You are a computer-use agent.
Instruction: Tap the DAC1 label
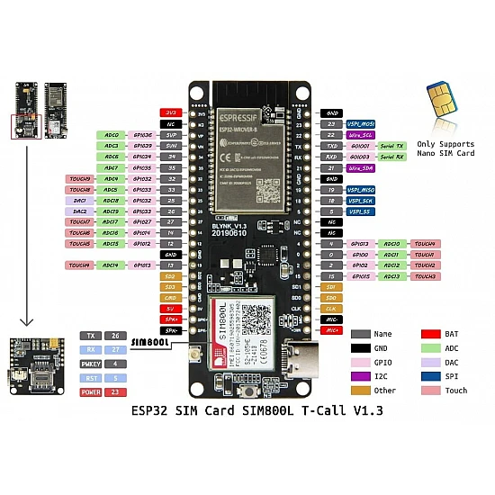79,200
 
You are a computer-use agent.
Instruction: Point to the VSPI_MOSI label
362,123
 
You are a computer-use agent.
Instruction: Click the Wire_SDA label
361,167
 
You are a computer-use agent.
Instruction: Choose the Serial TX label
392,145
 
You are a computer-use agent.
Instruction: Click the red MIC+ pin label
331,330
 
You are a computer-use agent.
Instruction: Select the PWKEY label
89,364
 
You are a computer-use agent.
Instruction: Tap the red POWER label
90,392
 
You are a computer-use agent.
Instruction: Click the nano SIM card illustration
440,96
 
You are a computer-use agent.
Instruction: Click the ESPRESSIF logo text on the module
243,115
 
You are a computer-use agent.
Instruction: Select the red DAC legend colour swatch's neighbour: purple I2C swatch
360,376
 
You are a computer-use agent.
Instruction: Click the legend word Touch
455,391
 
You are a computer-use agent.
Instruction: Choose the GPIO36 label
142,134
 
